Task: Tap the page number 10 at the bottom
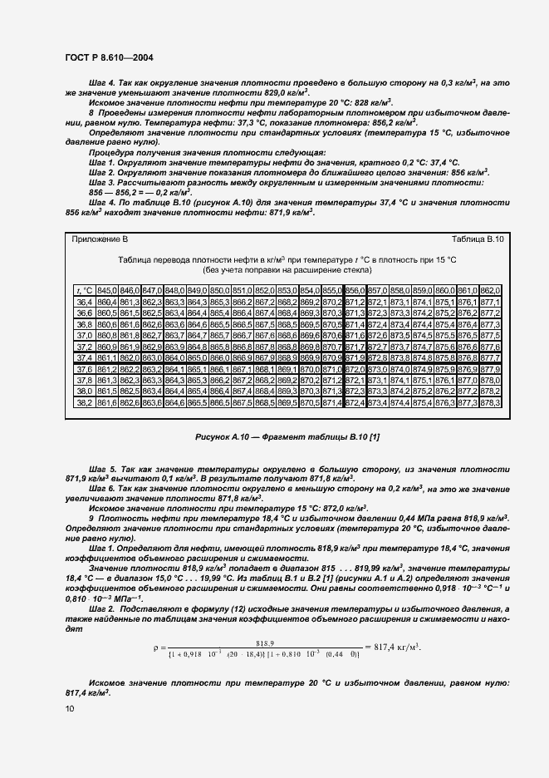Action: [x=69, y=707]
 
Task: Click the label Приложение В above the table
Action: [x=100, y=239]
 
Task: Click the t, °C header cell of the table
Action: [x=84, y=289]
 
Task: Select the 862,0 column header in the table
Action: [x=490, y=289]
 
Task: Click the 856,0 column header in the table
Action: [x=355, y=289]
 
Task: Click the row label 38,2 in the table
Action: [x=84, y=402]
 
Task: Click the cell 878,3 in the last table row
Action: [x=490, y=402]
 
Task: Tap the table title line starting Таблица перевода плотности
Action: [x=287, y=259]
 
